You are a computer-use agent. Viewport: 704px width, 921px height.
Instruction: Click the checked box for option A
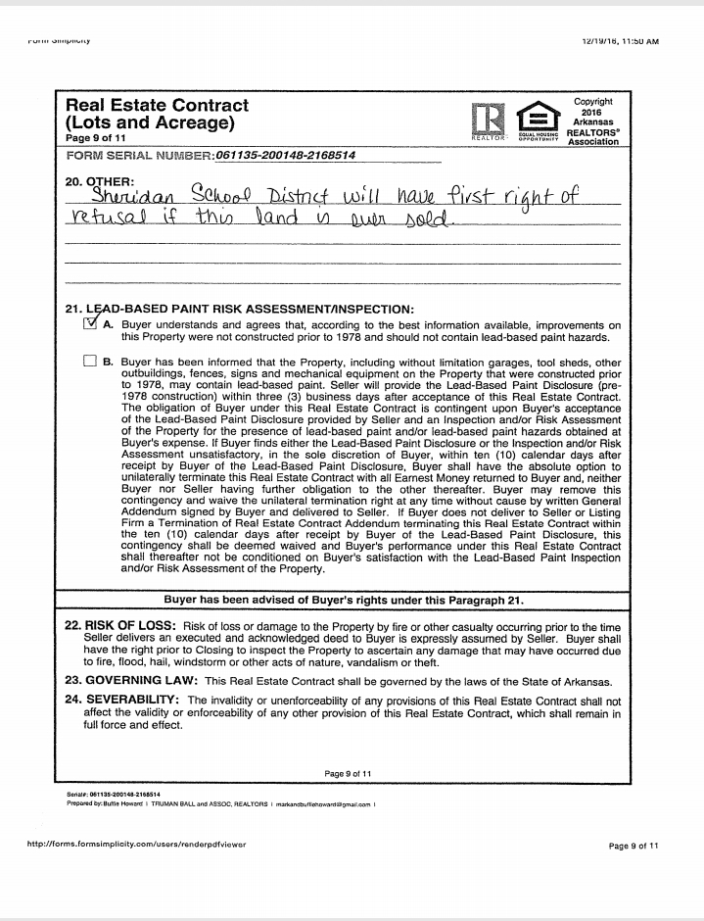pos(91,325)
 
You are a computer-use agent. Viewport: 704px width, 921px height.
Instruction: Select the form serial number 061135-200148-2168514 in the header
pos(285,155)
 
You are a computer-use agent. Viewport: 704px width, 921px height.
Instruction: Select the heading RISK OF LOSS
pos(121,625)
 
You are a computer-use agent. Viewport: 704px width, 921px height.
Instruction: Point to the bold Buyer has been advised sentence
pos(344,599)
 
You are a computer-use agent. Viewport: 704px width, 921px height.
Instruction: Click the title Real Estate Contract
pos(157,105)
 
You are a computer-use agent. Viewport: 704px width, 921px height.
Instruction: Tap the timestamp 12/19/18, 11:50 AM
pos(619,41)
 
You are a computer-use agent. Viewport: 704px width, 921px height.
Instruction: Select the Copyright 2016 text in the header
pos(593,107)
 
